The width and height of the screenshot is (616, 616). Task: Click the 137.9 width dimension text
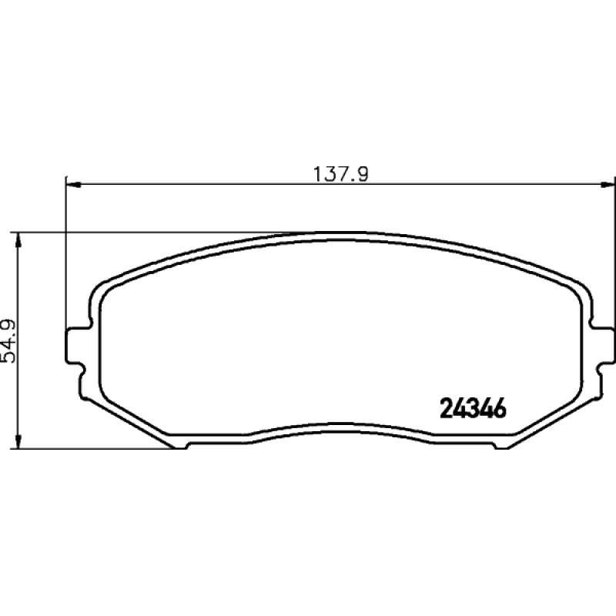(340, 175)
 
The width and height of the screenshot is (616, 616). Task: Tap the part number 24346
(473, 409)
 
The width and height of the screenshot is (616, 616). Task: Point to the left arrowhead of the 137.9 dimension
(73, 184)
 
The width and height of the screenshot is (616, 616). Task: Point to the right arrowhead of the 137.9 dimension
(608, 184)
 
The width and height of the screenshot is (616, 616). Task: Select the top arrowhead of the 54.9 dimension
(18, 240)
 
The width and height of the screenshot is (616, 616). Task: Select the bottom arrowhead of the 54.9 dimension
(18, 440)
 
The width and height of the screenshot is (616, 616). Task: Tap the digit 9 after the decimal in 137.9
(363, 175)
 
